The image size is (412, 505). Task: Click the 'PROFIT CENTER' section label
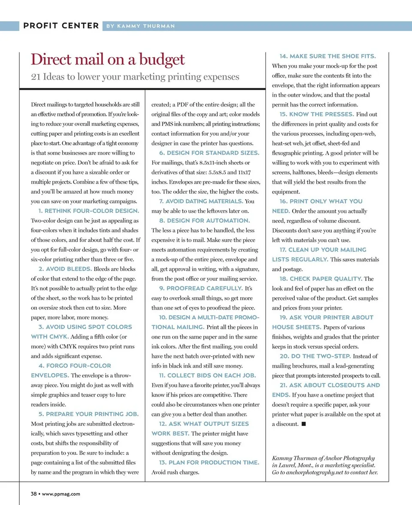(61, 26)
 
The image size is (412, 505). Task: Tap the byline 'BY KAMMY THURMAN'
(140, 26)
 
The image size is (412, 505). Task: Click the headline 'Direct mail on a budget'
(108, 59)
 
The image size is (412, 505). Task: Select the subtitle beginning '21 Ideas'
(135, 77)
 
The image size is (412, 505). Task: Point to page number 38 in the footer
(33, 494)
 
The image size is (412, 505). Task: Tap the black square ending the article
(303, 424)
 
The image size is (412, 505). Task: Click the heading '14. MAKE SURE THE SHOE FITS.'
(327, 56)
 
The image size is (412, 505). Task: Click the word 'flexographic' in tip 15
(290, 153)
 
